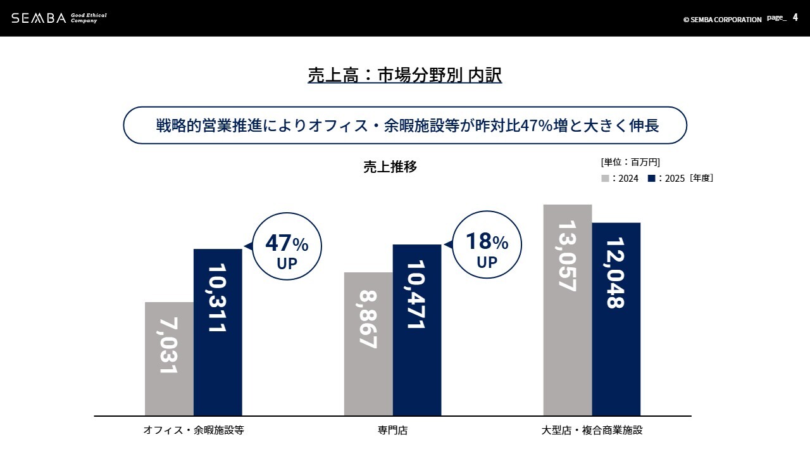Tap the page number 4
click(795, 18)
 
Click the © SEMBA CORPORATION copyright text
click(722, 20)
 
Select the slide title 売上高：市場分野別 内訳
click(404, 75)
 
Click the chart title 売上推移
click(390, 167)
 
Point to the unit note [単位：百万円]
click(630, 162)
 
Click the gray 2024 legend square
click(605, 179)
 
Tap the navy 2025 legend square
click(651, 179)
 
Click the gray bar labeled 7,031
click(169, 358)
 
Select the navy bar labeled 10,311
click(218, 332)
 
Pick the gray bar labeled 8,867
click(368, 344)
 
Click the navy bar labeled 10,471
click(417, 330)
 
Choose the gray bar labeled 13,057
click(568, 310)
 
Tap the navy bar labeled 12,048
click(616, 319)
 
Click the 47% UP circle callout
click(287, 246)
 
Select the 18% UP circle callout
click(487, 244)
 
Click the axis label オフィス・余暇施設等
click(194, 431)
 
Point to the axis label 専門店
click(393, 431)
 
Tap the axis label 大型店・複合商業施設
click(592, 431)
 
